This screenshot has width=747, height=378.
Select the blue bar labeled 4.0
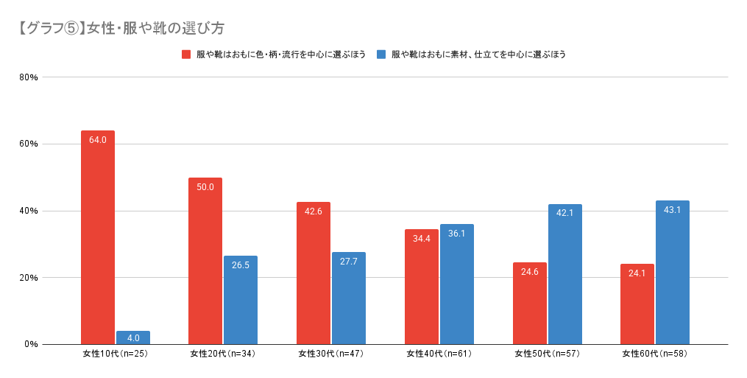coord(133,338)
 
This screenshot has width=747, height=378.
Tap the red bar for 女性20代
coord(205,261)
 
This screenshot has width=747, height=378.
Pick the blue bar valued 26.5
coord(241,300)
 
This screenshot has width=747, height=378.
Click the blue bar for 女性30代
coord(349,298)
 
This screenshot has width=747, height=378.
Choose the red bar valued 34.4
coord(422,287)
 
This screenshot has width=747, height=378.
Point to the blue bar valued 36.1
coord(457,284)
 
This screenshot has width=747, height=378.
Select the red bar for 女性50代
coord(530,304)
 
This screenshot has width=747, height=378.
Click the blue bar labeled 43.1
coord(673,273)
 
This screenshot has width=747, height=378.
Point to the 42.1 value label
coord(564,214)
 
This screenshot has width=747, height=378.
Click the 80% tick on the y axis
coord(29,77)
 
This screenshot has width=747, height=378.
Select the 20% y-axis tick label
coord(29,278)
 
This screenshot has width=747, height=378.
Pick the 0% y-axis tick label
coord(31,344)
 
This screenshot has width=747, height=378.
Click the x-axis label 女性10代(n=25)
coord(115,354)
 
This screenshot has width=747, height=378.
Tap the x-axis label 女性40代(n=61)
coord(439,354)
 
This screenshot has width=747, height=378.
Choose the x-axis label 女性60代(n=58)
coord(654,354)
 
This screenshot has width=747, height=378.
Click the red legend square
coord(187,55)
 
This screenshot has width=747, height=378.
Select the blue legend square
coord(381,55)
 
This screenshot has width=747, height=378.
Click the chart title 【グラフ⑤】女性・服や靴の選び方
coord(121,29)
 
